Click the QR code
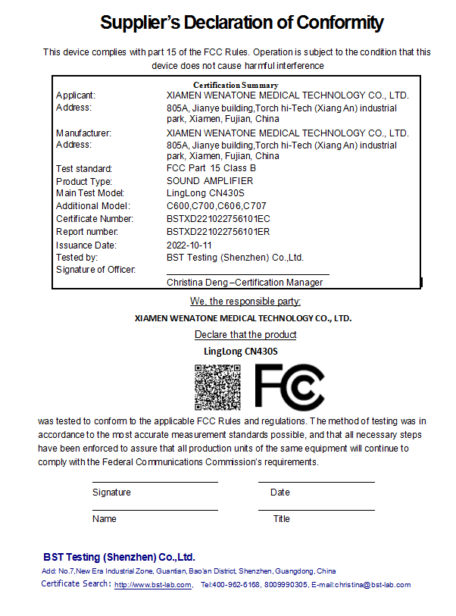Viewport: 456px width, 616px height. click(217, 386)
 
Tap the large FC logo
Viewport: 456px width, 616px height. click(289, 386)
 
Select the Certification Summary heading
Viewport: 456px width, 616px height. click(236, 85)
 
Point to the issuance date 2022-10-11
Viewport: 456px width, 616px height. click(189, 245)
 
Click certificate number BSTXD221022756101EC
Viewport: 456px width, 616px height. click(218, 219)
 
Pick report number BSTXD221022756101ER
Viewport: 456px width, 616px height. click(218, 232)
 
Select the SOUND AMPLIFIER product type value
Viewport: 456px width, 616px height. click(210, 181)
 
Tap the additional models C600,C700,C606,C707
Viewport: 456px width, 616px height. click(217, 206)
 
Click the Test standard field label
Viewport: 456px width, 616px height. click(84, 169)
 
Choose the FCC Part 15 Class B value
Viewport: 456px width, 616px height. click(211, 168)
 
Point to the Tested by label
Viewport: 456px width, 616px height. click(76, 258)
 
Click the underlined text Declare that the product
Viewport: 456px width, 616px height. click(245, 334)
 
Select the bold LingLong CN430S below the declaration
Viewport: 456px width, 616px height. click(241, 351)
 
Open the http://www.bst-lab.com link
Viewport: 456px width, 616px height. click(152, 585)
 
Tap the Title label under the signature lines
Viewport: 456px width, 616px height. click(282, 519)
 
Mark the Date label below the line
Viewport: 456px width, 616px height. click(280, 492)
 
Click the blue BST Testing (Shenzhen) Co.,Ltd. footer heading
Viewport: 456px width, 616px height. click(119, 556)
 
